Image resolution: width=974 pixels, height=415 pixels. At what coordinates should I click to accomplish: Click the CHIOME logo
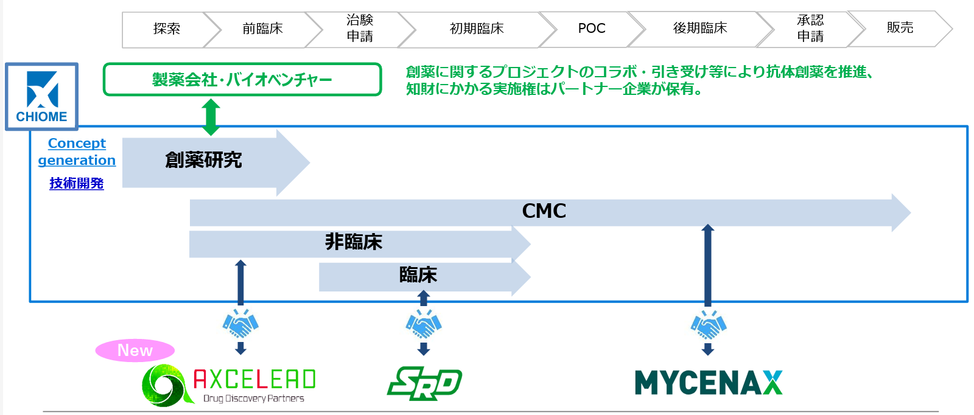pyautogui.click(x=41, y=96)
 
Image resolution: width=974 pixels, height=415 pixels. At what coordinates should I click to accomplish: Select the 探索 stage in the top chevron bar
pyautogui.click(x=166, y=29)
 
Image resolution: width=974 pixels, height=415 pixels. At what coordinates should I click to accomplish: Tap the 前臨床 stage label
pyautogui.click(x=262, y=29)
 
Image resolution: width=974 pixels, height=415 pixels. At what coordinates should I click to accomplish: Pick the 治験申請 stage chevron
pyautogui.click(x=360, y=29)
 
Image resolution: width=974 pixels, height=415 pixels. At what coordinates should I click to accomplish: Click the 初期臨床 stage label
pyautogui.click(x=477, y=29)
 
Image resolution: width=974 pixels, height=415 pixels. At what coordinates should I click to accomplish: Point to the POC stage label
pyautogui.click(x=591, y=29)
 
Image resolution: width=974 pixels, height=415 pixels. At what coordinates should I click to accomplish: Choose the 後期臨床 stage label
pyautogui.click(x=700, y=28)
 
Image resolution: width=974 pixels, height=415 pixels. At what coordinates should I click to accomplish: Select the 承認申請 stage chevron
pyautogui.click(x=810, y=29)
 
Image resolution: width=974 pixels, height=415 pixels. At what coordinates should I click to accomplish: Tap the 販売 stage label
pyautogui.click(x=900, y=27)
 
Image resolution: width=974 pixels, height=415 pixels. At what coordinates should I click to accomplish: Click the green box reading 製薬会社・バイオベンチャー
pyautogui.click(x=242, y=80)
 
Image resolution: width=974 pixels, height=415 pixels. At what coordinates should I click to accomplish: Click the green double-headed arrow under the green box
pyautogui.click(x=211, y=117)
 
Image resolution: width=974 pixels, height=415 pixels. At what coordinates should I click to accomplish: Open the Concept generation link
pyautogui.click(x=77, y=152)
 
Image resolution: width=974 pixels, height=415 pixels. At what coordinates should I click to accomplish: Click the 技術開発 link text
pyautogui.click(x=77, y=183)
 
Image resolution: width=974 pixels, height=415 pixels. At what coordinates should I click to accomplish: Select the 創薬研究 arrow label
pyautogui.click(x=203, y=160)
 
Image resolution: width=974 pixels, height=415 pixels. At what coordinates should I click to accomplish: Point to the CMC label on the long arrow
pyautogui.click(x=544, y=211)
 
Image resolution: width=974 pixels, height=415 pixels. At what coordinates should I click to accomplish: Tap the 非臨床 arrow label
pyautogui.click(x=354, y=242)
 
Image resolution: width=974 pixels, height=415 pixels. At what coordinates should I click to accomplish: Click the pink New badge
pyautogui.click(x=135, y=350)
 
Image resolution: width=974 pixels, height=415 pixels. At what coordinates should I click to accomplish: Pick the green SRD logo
pyautogui.click(x=424, y=383)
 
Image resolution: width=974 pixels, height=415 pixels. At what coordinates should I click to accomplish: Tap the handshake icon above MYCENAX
pyautogui.click(x=708, y=326)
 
